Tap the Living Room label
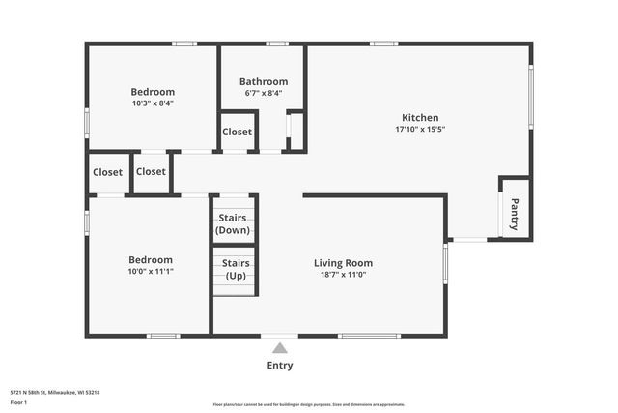[x=343, y=262]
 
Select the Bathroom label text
[x=264, y=81]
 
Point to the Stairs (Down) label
[x=233, y=224]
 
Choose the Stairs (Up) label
[x=236, y=269]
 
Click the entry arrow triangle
[x=279, y=348]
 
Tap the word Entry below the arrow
[x=279, y=366]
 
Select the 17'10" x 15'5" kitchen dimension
[x=420, y=129]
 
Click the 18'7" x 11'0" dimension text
[x=343, y=275]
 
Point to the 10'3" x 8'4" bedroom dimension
[x=153, y=103]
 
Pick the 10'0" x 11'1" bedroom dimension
[x=151, y=272]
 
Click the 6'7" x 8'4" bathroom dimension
[x=264, y=93]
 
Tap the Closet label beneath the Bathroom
[x=237, y=132]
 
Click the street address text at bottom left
[x=55, y=392]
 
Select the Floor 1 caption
[x=18, y=401]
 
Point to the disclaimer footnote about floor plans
[x=309, y=404]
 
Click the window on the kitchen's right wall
[x=530, y=97]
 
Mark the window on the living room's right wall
[x=445, y=262]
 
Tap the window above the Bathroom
[x=277, y=44]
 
